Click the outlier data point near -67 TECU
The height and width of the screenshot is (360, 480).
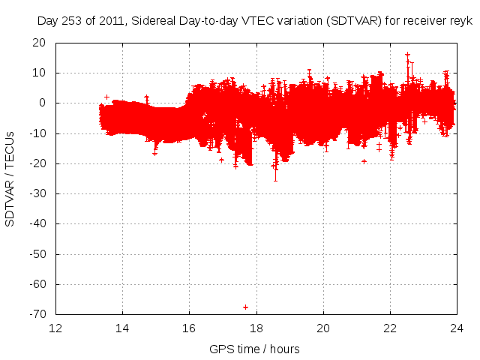tap(245, 307)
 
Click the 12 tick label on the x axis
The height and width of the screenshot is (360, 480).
tap(56, 328)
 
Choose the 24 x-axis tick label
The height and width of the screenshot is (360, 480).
tap(457, 328)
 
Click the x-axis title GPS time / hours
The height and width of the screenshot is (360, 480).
tap(256, 349)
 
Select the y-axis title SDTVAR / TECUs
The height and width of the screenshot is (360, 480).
tap(10, 178)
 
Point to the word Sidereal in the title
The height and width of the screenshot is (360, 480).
tap(153, 22)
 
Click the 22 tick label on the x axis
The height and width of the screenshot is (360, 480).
tap(390, 328)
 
